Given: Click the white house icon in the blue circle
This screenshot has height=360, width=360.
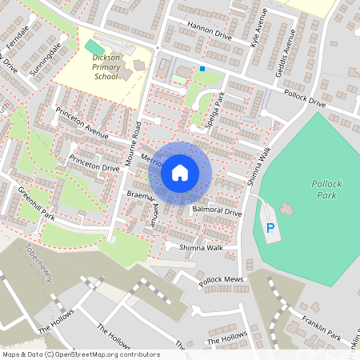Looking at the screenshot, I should (180, 173).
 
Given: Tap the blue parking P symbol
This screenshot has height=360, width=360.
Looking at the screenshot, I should (270, 229).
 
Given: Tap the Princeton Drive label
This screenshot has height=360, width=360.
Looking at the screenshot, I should (94, 162).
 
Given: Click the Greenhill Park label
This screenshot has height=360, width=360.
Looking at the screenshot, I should (36, 203).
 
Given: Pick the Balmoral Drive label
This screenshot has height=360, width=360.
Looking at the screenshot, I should (217, 210).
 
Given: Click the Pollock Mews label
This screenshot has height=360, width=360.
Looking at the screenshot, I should (221, 281).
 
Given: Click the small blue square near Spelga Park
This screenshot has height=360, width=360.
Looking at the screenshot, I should (202, 70).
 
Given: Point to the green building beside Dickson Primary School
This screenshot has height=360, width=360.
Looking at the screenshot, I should (94, 47).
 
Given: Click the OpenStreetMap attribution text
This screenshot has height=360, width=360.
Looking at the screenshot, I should (80, 354).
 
